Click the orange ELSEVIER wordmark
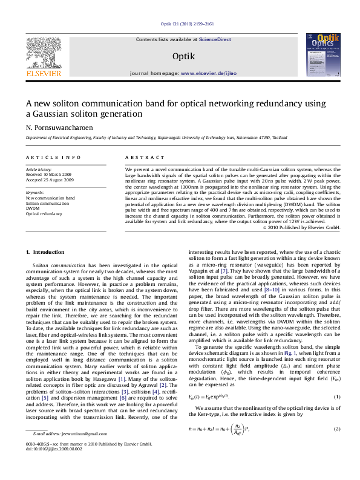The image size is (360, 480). click(43, 74)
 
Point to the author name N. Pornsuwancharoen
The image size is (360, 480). click(59, 128)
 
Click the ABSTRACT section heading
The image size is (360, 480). click(144, 157)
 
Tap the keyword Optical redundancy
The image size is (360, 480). click(44, 213)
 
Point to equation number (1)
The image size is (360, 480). click(337, 396)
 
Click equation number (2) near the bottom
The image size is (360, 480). click(337, 429)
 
